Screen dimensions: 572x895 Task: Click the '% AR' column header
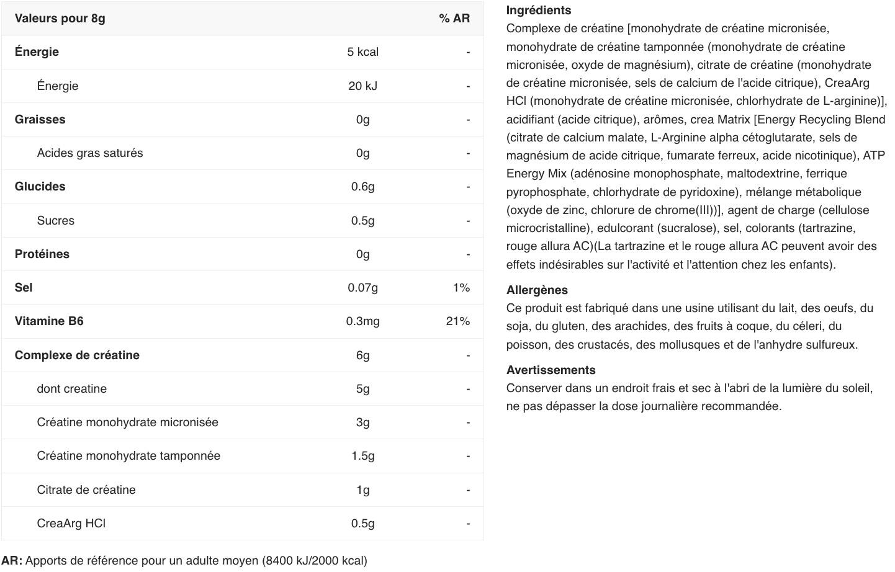click(454, 18)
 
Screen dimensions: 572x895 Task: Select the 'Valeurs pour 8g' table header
click(60, 18)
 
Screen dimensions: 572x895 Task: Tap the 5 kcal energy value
click(362, 52)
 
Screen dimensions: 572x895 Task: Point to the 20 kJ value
click(362, 86)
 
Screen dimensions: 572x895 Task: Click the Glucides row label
click(40, 186)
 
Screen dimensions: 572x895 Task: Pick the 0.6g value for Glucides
click(362, 186)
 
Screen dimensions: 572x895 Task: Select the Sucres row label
click(55, 220)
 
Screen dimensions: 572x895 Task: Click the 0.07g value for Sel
click(362, 287)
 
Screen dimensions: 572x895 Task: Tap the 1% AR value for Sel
click(461, 287)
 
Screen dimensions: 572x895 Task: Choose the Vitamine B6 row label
click(49, 321)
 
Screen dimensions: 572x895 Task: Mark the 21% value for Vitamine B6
click(457, 321)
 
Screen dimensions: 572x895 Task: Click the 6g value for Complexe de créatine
click(362, 355)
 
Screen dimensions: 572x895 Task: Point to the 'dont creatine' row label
click(71, 388)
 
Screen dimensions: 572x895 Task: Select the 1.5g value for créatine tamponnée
click(362, 455)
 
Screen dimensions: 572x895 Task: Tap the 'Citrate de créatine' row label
click(86, 489)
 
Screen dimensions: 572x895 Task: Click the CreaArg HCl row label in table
click(71, 523)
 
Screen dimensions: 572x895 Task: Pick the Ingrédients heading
click(538, 10)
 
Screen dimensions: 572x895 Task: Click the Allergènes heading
click(537, 290)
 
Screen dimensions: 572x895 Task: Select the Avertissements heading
click(551, 370)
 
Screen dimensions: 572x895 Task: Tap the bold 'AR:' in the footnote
click(12, 560)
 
